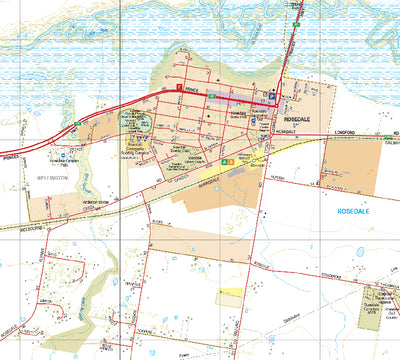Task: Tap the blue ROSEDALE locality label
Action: pyautogui.click(x=356, y=212)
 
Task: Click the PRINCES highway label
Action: pyautogui.click(x=195, y=87)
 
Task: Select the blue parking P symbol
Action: pyautogui.click(x=271, y=98)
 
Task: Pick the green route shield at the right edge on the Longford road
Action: pyautogui.click(x=392, y=132)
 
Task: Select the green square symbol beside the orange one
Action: pyautogui.click(x=226, y=157)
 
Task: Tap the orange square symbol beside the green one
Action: pyautogui.click(x=236, y=157)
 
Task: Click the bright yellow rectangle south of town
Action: pyautogui.click(x=230, y=297)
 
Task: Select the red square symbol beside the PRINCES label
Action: pyautogui.click(x=180, y=87)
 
